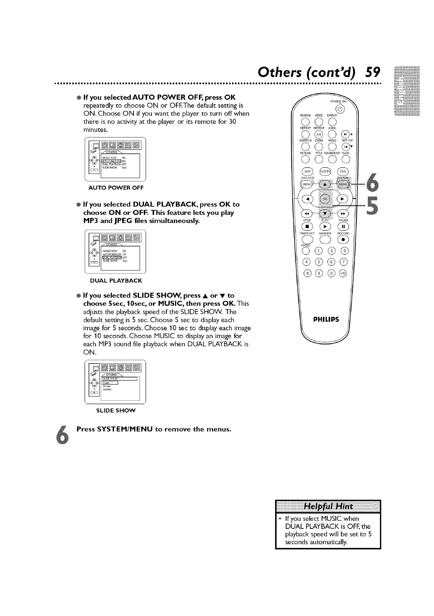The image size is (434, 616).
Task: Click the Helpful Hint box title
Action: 328,507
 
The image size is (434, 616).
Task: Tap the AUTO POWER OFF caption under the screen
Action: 116,188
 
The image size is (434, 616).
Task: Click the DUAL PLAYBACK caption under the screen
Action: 116,281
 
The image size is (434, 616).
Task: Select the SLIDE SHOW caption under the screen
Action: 116,410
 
